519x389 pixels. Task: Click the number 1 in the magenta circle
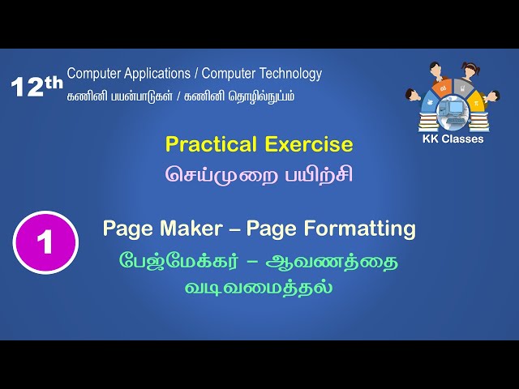(45, 242)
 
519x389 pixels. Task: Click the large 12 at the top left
(28, 87)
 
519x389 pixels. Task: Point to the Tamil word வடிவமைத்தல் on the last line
(259, 287)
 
